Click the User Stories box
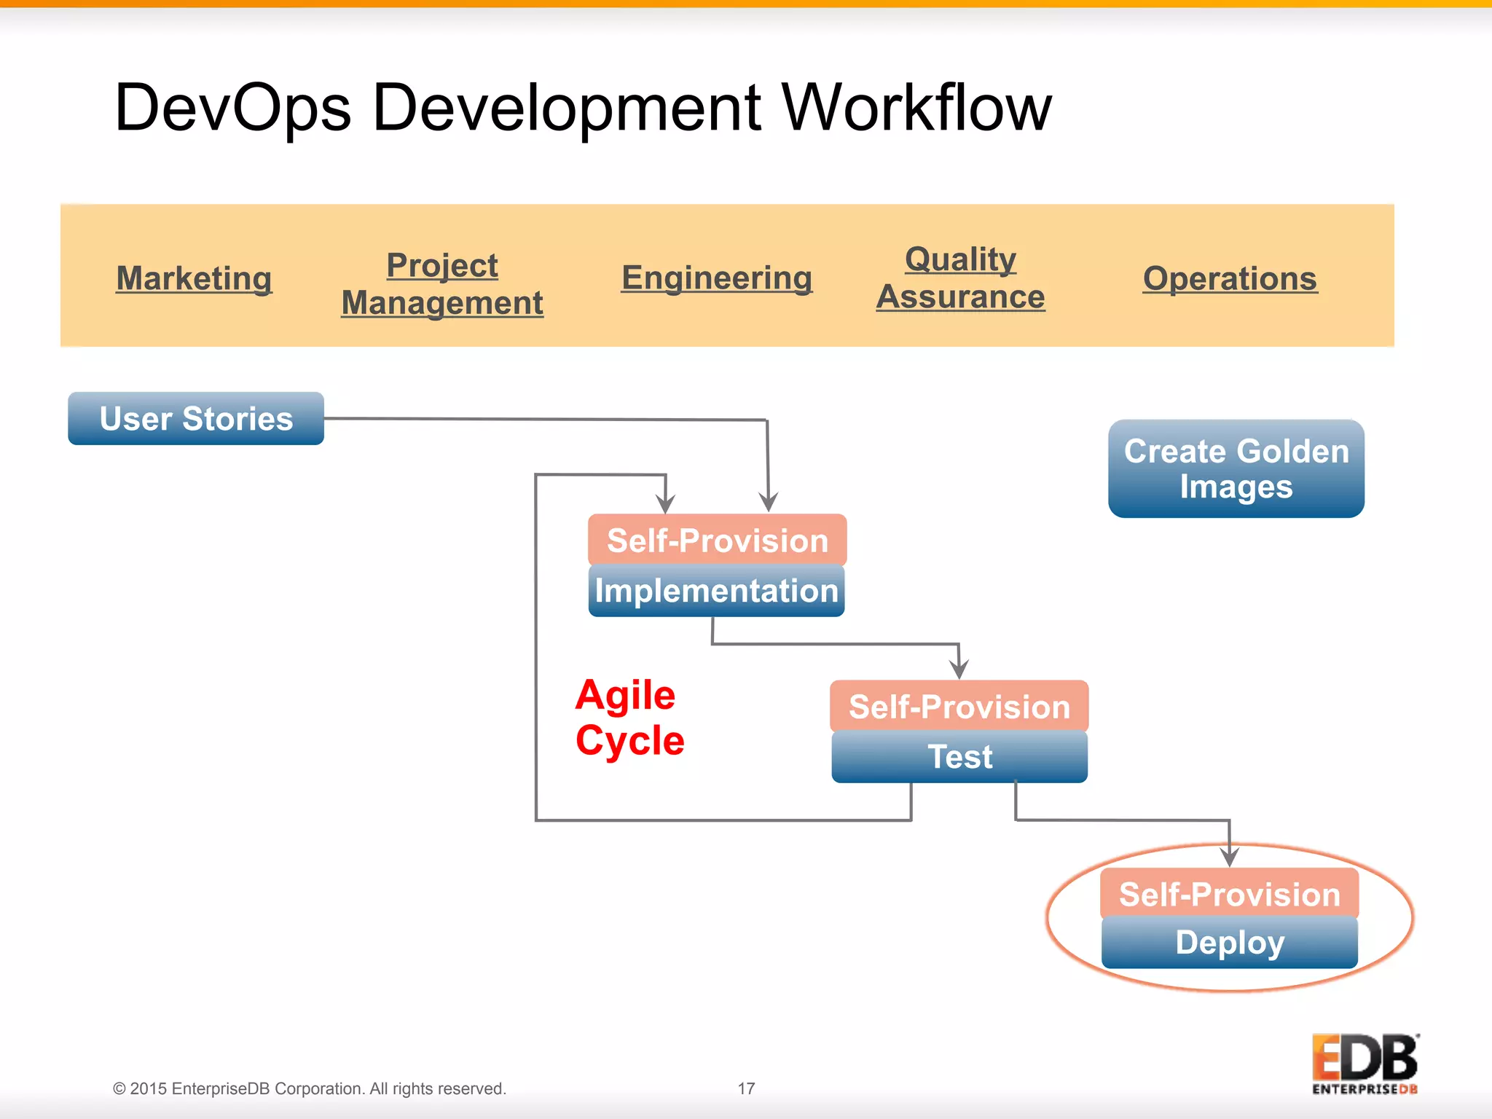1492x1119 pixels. click(196, 419)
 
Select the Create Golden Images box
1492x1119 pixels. click(1236, 468)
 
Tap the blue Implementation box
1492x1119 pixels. click(716, 591)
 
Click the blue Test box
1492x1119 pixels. click(959, 757)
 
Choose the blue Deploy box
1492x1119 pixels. click(1230, 943)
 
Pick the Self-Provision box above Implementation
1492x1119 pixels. click(717, 541)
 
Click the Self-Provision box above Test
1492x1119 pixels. click(959, 707)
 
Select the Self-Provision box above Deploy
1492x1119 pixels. click(1230, 894)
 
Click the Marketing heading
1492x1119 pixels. click(195, 278)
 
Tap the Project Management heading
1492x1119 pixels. click(442, 284)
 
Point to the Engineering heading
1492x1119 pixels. click(717, 278)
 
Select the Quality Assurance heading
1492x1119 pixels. click(960, 278)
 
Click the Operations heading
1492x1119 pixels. click(1230, 278)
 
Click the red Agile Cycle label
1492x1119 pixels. click(629, 718)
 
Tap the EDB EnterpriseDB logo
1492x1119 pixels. click(1365, 1064)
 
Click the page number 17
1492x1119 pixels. click(746, 1088)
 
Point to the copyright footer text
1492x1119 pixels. click(310, 1088)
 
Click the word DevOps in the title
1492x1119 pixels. click(233, 108)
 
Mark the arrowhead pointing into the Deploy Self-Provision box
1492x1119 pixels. click(1230, 857)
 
